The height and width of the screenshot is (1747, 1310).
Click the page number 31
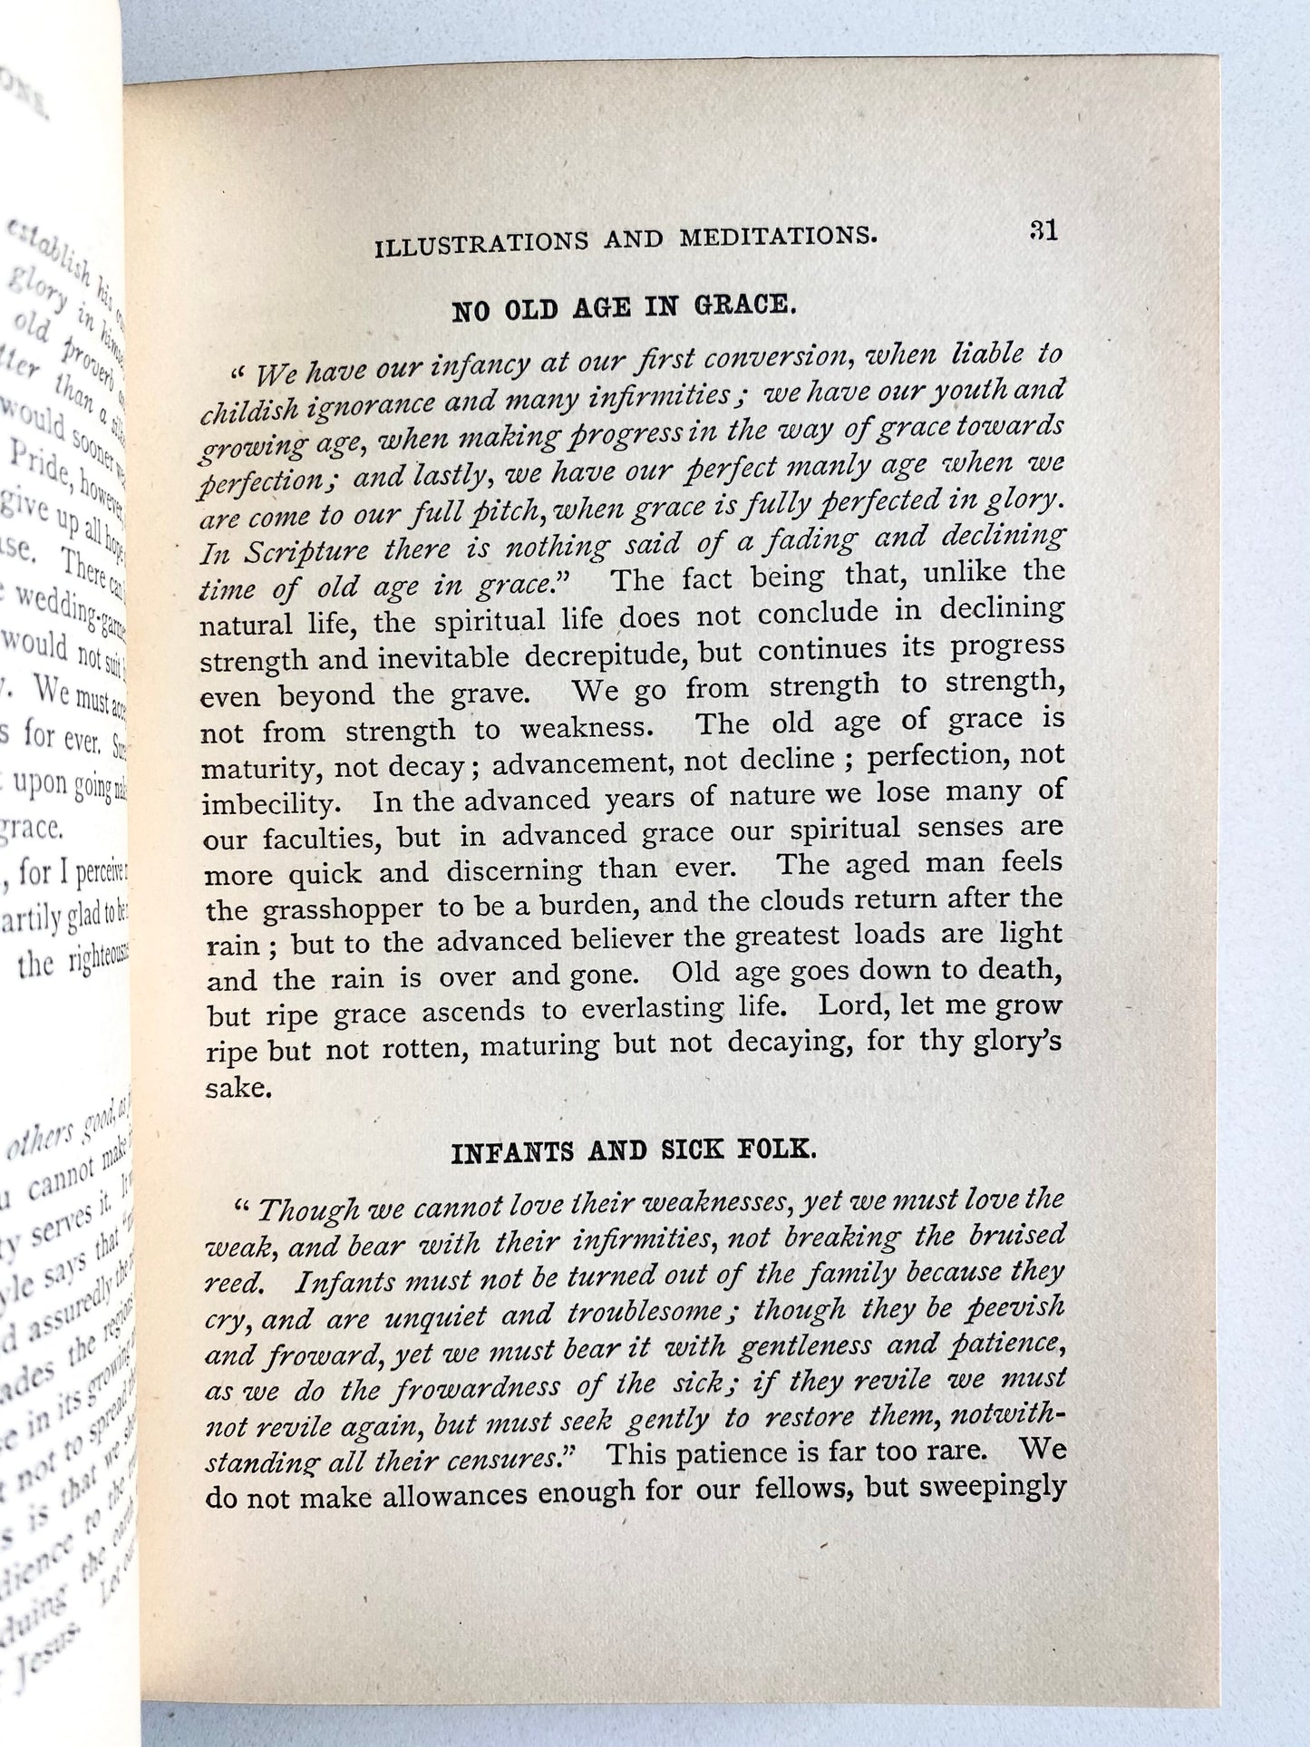(1043, 231)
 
